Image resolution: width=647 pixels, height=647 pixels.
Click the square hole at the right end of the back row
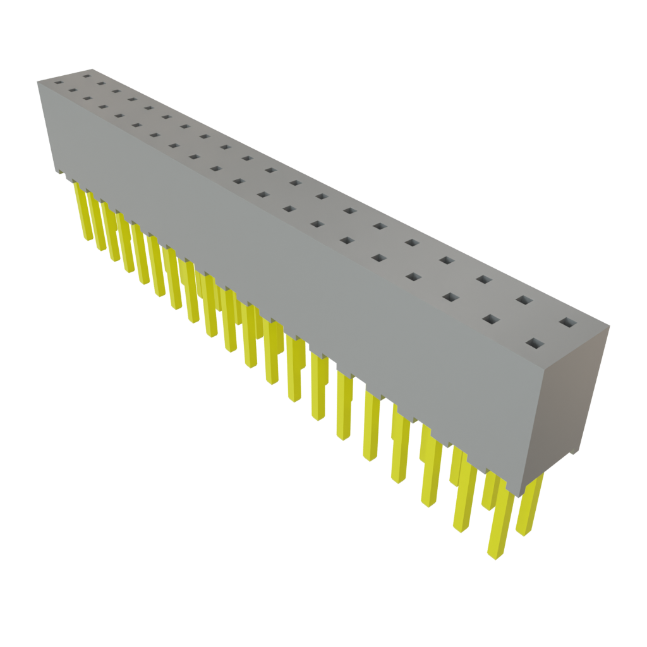[569, 323]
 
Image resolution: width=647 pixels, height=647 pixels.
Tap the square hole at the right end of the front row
[535, 344]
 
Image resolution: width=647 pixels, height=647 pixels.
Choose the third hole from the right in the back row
[483, 279]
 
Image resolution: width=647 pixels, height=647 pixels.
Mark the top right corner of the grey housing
[610, 326]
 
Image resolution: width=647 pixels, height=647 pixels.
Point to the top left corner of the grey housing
[37, 80]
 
